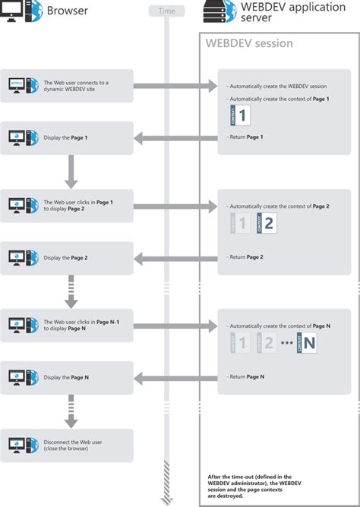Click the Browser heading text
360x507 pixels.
coord(68,11)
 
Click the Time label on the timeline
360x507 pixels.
coord(166,11)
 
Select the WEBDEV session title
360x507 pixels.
coord(248,43)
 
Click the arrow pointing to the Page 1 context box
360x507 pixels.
coord(175,86)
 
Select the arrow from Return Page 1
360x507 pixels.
coord(175,137)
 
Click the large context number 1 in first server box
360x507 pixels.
coord(242,115)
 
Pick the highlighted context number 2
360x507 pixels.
coord(270,223)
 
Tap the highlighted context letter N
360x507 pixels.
coord(308,342)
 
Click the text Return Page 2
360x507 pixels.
coord(247,257)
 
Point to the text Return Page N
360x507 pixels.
coord(247,376)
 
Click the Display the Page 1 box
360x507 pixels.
coord(67,137)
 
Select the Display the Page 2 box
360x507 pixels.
coord(67,257)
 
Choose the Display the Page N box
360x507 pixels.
coord(67,377)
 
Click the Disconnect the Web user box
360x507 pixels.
coord(67,445)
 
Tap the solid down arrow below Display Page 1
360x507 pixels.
coord(71,172)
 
